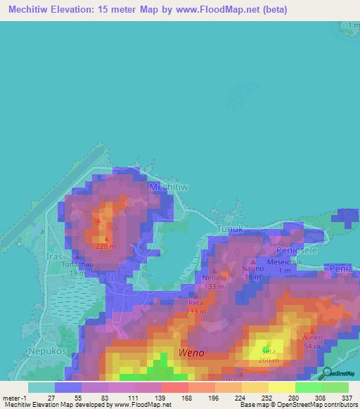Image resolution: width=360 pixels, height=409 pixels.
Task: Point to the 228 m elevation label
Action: tap(105, 246)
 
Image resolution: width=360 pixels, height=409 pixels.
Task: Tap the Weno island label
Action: tap(192, 352)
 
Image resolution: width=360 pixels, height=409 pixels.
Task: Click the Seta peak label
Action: tap(268, 350)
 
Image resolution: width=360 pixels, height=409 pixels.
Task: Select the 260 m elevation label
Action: tap(268, 359)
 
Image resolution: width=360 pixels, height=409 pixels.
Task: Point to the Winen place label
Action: tap(312, 337)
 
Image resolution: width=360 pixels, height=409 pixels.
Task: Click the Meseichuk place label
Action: tap(285, 262)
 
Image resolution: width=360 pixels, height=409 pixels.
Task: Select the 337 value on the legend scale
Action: tap(347, 398)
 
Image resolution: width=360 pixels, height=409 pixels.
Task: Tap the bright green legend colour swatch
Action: tap(308, 387)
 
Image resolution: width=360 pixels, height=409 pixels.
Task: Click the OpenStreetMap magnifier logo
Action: tap(323, 372)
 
